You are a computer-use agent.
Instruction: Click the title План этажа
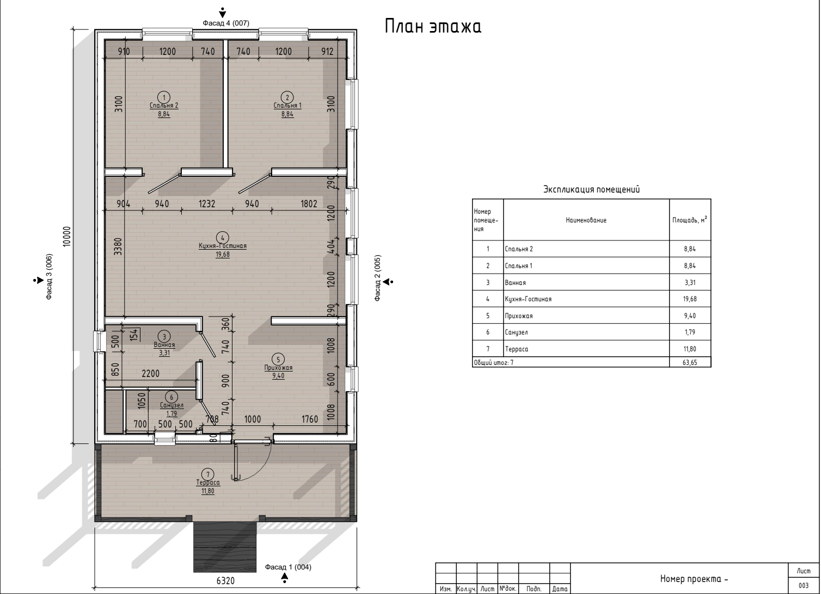(433, 26)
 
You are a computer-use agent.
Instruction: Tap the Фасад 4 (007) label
(226, 23)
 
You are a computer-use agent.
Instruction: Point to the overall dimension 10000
(67, 237)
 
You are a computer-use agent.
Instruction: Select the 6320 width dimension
(225, 581)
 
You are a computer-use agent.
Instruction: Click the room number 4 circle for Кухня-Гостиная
(223, 237)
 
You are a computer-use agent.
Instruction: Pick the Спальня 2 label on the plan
(164, 106)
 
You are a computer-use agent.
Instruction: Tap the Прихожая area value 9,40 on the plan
(278, 376)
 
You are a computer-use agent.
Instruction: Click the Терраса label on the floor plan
(208, 482)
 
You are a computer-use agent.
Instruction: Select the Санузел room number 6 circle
(171, 397)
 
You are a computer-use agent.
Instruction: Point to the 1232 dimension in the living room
(207, 203)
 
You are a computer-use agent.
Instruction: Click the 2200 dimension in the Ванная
(151, 374)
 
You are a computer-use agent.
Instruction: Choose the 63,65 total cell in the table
(690, 363)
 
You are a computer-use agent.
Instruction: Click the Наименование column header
(586, 220)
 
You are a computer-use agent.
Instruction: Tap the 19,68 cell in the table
(690, 299)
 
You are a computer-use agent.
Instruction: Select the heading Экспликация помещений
(591, 189)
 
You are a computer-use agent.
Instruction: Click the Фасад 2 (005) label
(377, 278)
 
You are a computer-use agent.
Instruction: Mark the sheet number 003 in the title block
(804, 586)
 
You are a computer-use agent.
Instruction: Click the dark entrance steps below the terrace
(225, 547)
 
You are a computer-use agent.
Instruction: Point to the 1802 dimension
(309, 203)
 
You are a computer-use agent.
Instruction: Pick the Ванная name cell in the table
(516, 283)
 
